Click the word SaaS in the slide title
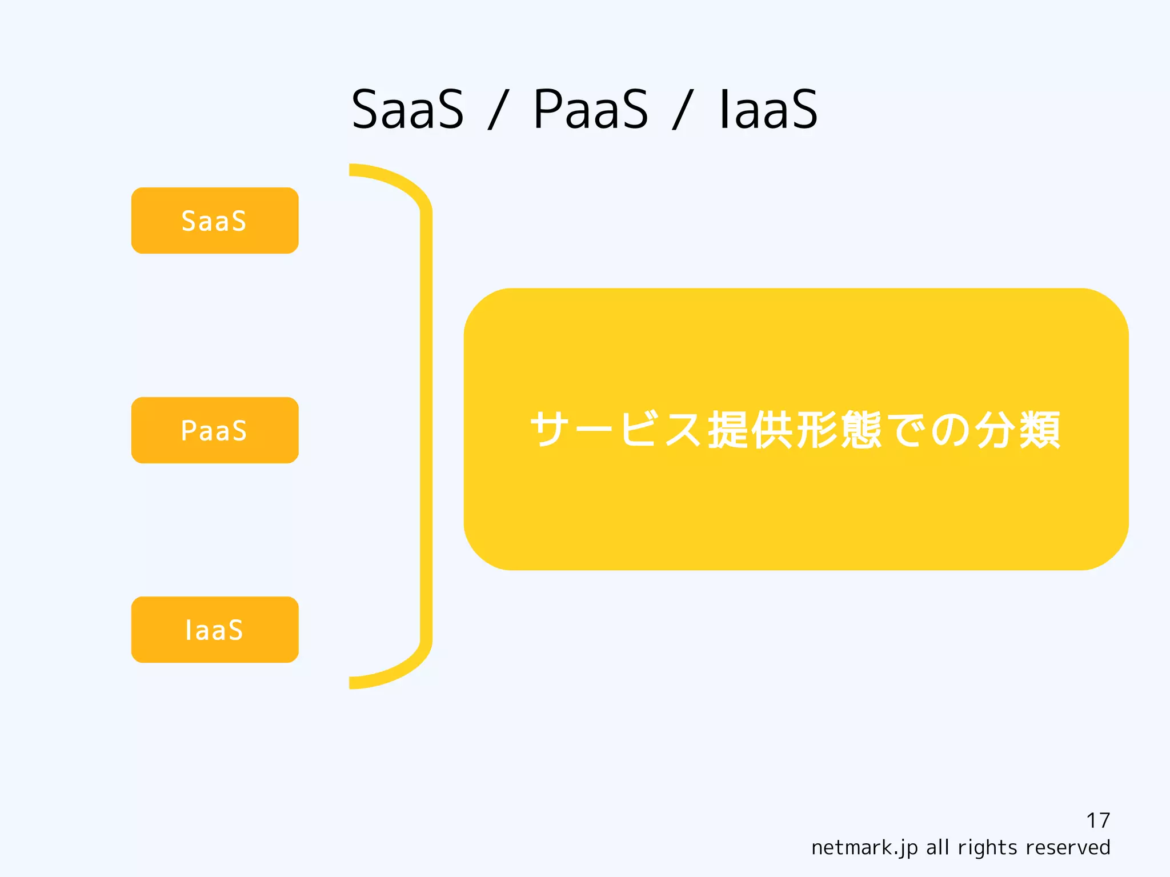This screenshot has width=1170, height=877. pyautogui.click(x=407, y=109)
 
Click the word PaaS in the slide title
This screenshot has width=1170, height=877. pyautogui.click(x=591, y=109)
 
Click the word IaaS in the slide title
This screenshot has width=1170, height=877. pyautogui.click(x=768, y=109)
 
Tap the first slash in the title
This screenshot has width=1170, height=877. pyautogui.click(x=498, y=110)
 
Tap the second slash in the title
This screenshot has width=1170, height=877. pyautogui.click(x=682, y=110)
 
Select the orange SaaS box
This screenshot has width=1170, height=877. pyautogui.click(x=215, y=221)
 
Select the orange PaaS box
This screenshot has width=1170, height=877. pyautogui.click(x=215, y=430)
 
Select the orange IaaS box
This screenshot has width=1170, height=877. pyautogui.click(x=215, y=630)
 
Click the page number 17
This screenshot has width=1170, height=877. pyautogui.click(x=1097, y=820)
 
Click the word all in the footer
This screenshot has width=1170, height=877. pyautogui.click(x=938, y=847)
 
